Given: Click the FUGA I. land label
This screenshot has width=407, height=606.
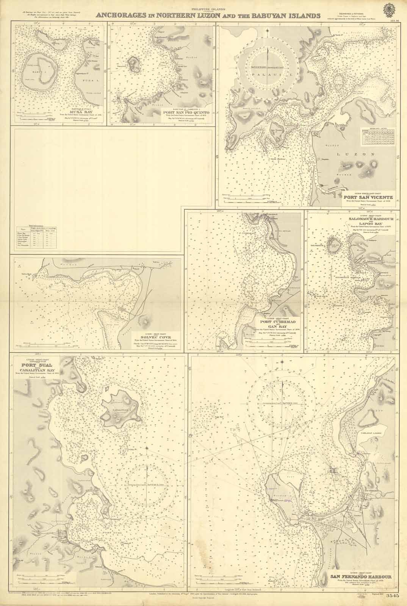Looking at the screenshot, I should (71, 73).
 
